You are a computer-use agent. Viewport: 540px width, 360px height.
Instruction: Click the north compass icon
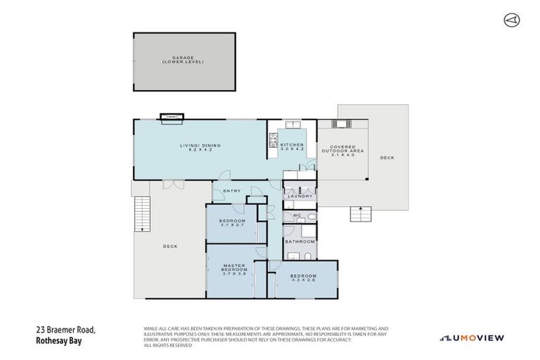click(511, 20)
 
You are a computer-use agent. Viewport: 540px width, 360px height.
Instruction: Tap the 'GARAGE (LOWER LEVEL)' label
click(184, 60)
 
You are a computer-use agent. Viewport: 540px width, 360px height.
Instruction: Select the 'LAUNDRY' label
click(300, 196)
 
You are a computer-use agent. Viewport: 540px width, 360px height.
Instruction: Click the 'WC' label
click(297, 214)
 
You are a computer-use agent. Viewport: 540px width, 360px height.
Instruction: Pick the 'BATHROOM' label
click(300, 241)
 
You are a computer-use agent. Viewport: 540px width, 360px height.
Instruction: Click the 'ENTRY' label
click(231, 191)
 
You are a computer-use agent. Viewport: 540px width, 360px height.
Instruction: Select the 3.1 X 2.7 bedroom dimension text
click(233, 225)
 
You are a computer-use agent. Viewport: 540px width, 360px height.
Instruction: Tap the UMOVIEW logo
click(472, 338)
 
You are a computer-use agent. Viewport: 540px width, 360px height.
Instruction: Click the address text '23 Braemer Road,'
click(65, 329)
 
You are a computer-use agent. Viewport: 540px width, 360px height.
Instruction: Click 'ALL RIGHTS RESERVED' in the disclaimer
click(169, 345)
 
